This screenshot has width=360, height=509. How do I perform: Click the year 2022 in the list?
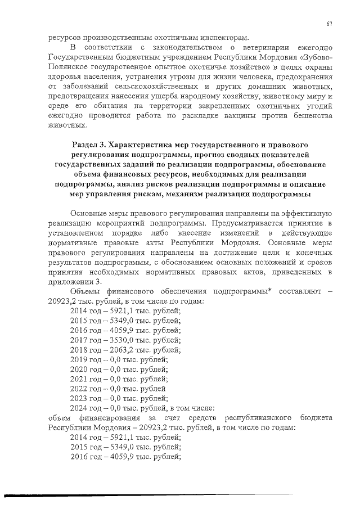79,388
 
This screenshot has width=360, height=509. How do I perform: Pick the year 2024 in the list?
79,408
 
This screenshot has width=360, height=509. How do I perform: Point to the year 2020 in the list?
79,369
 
